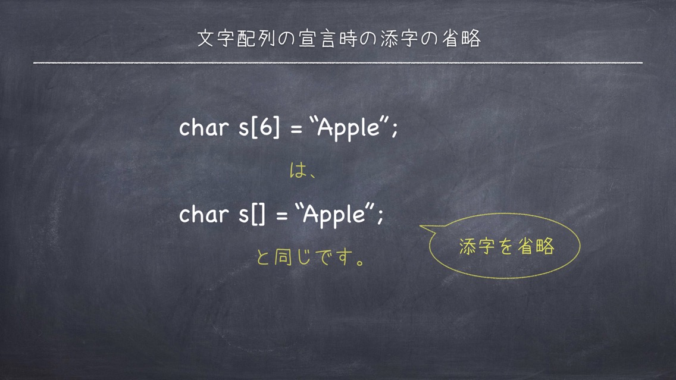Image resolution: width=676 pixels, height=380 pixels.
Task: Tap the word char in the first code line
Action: [x=204, y=127]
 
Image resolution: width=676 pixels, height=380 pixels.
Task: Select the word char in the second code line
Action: [x=204, y=213]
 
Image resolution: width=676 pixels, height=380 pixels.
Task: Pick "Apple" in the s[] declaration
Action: [x=334, y=215]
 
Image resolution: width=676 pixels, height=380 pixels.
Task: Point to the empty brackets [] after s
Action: [x=258, y=214]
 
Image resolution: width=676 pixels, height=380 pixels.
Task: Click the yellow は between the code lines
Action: [x=298, y=171]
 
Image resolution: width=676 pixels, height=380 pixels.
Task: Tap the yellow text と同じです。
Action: [x=311, y=257]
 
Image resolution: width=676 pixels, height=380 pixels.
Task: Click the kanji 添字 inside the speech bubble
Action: [x=477, y=246]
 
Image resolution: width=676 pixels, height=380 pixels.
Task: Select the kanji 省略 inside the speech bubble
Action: [x=536, y=246]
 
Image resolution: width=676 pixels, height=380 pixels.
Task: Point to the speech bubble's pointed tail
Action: [x=421, y=226]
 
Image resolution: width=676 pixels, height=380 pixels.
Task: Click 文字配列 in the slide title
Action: [x=236, y=38]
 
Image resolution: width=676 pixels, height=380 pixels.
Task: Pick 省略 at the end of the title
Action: [x=461, y=38]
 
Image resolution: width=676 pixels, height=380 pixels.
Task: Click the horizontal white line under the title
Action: [x=338, y=63]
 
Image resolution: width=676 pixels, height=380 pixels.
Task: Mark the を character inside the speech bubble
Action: [x=506, y=246]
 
